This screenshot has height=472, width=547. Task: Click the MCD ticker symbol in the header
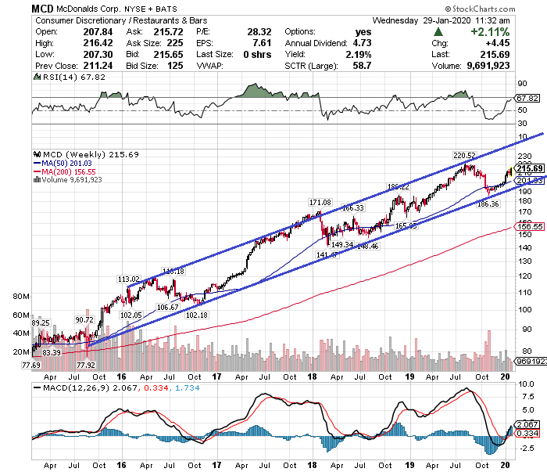[43, 9]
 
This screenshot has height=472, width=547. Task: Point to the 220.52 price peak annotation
[465, 155]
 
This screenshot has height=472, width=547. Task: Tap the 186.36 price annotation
[488, 204]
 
